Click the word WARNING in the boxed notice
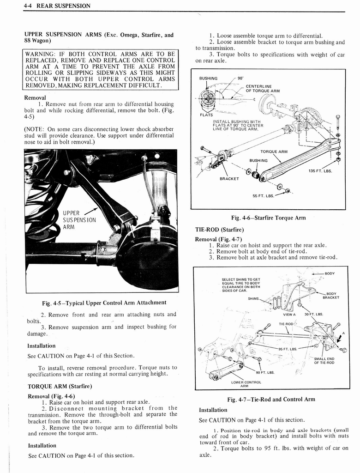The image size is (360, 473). (x=42, y=54)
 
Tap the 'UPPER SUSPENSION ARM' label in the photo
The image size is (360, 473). (x=78, y=219)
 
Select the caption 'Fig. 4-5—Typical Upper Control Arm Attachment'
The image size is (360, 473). (x=104, y=303)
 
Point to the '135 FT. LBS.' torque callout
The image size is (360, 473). (x=320, y=171)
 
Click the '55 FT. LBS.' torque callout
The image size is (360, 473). (x=263, y=195)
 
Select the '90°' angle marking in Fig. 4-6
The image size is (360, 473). (x=241, y=79)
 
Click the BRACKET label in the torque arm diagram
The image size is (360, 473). (x=229, y=178)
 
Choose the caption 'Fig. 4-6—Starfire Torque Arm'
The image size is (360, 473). (x=268, y=218)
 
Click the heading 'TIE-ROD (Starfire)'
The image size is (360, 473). (x=219, y=230)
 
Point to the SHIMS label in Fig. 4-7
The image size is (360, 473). (x=253, y=298)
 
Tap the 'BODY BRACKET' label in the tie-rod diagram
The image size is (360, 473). (x=331, y=295)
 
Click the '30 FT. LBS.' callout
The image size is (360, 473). (x=313, y=314)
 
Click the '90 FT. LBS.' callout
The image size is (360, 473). (x=265, y=372)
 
